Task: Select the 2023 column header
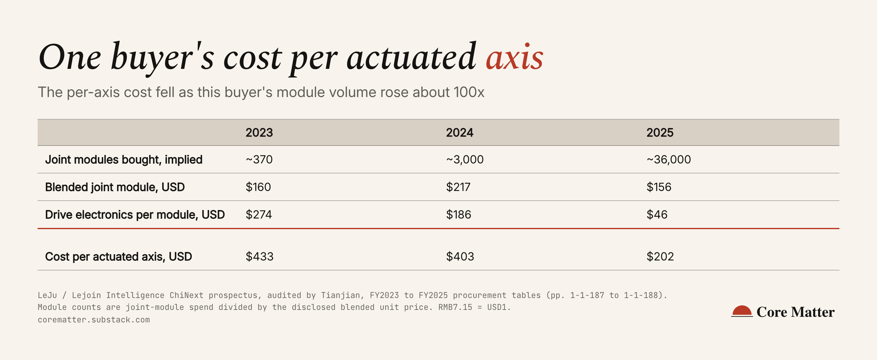(259, 132)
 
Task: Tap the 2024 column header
(459, 132)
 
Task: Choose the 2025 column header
(660, 132)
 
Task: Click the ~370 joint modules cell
(259, 159)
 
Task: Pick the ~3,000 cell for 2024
(465, 159)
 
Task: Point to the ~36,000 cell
(669, 159)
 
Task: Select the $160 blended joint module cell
(258, 187)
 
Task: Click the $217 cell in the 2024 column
(458, 187)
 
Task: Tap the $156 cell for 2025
(659, 187)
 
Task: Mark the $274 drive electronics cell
(259, 214)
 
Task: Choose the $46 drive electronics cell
(657, 214)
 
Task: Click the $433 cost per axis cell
(259, 256)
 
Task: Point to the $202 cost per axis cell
(660, 256)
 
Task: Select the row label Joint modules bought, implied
(124, 160)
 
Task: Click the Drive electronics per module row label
(135, 215)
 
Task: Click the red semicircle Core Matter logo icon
(742, 311)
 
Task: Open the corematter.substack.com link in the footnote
(94, 320)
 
